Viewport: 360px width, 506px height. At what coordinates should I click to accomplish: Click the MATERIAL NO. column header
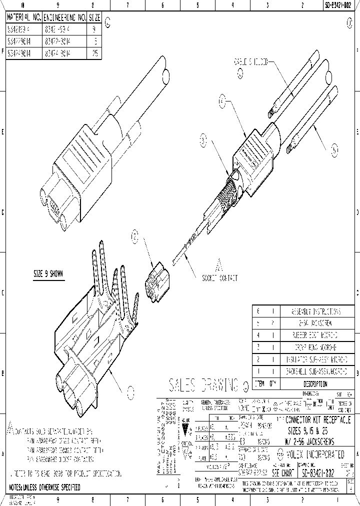tap(23, 17)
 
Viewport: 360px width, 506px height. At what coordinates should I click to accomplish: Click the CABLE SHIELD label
tap(251, 62)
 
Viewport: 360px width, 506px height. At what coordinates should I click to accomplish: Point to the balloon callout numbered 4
tap(223, 101)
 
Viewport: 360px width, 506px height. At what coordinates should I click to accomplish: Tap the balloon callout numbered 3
tap(203, 141)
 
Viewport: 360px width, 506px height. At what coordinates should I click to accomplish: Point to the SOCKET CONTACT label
tap(219, 278)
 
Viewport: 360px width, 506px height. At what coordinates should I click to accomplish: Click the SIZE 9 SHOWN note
tap(48, 274)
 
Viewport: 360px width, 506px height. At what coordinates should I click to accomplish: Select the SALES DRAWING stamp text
tap(203, 385)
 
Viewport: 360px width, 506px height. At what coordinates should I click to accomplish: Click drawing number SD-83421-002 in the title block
tap(319, 472)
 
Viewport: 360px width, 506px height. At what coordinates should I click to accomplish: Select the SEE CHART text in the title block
tap(282, 472)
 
